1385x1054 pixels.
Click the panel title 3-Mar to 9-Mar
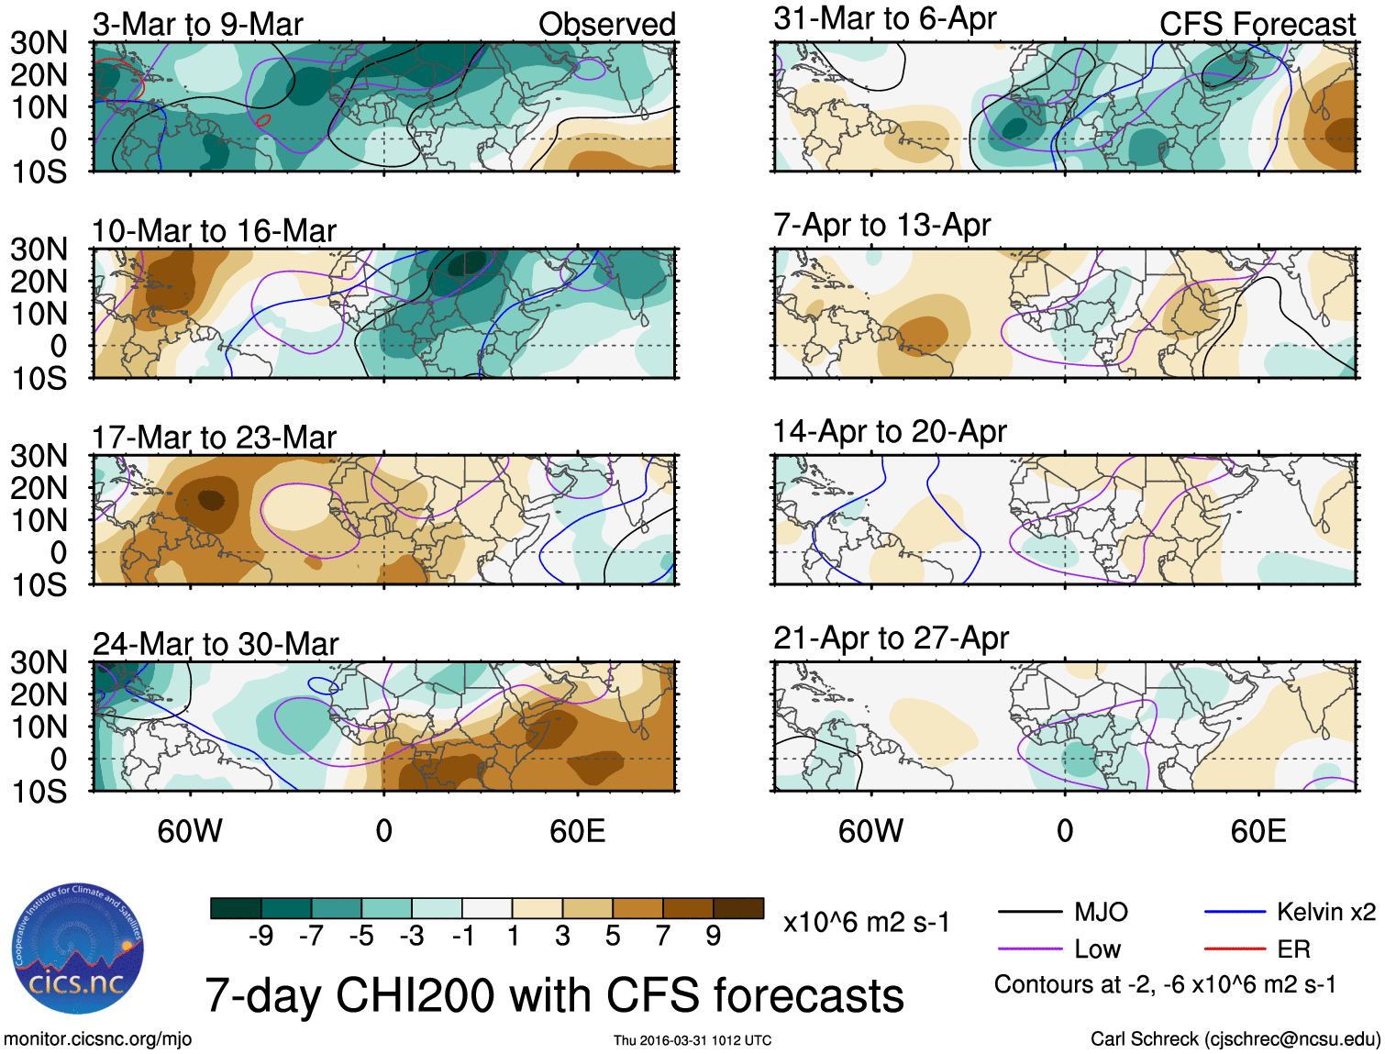tap(197, 25)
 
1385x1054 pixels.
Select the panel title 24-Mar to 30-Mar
tap(216, 644)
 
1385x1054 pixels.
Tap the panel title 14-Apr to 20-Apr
tap(890, 431)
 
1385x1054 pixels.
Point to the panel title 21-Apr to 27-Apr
tap(891, 638)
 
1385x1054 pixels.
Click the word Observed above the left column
tap(606, 25)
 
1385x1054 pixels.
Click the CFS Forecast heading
tap(1257, 25)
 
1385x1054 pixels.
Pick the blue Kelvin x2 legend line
tap(1235, 912)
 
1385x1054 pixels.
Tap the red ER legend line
tap(1235, 949)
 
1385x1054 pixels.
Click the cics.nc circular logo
tap(78, 949)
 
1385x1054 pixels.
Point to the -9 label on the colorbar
tap(260, 936)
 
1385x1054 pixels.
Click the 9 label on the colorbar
tap(714, 936)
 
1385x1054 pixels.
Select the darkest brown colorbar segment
tap(738, 908)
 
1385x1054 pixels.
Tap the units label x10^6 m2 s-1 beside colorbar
tap(866, 922)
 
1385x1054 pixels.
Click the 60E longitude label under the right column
tap(1258, 831)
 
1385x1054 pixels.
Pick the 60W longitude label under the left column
tap(190, 831)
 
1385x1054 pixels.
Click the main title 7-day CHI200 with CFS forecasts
tap(554, 995)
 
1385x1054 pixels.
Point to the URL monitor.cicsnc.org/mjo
tap(97, 1039)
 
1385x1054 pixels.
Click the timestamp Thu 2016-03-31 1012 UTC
tap(692, 1040)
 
